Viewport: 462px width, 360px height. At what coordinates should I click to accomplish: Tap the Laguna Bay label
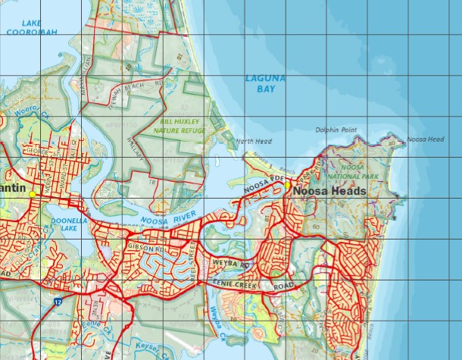pos(261,83)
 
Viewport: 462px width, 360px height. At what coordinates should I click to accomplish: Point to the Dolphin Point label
pos(336,130)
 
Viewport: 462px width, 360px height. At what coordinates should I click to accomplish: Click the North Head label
pos(253,141)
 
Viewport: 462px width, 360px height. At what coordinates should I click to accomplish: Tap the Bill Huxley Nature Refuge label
pos(179,125)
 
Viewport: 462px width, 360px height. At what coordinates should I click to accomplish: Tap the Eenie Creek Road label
pos(249,285)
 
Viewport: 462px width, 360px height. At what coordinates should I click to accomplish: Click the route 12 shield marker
pos(58,302)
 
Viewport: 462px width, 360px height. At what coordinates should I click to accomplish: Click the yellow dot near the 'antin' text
pos(32,194)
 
